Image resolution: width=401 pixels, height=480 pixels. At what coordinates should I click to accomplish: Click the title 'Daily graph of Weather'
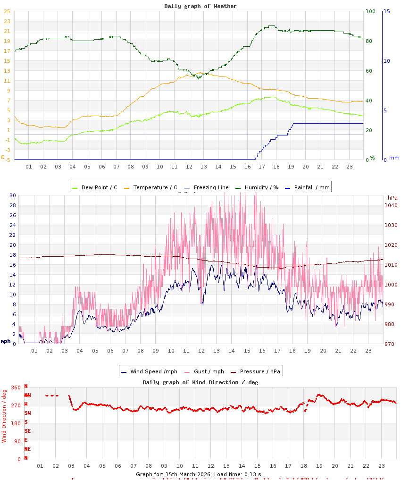tap(200, 6)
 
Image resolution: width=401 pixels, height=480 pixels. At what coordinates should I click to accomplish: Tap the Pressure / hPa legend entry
tap(260, 371)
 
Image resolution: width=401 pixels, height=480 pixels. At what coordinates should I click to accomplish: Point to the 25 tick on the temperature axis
tap(7, 11)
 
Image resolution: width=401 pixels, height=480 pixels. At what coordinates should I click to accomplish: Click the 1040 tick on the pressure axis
tap(391, 205)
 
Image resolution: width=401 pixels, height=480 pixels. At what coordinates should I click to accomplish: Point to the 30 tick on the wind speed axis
tap(12, 195)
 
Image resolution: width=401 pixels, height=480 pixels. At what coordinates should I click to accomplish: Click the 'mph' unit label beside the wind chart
tap(6, 341)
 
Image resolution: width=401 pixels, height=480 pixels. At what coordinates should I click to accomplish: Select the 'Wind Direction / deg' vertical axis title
tap(4, 415)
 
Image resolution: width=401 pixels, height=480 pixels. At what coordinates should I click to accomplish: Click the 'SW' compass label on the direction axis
tap(28, 413)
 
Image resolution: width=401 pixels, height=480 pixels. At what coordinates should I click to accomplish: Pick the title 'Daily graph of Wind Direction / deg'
tap(200, 382)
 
